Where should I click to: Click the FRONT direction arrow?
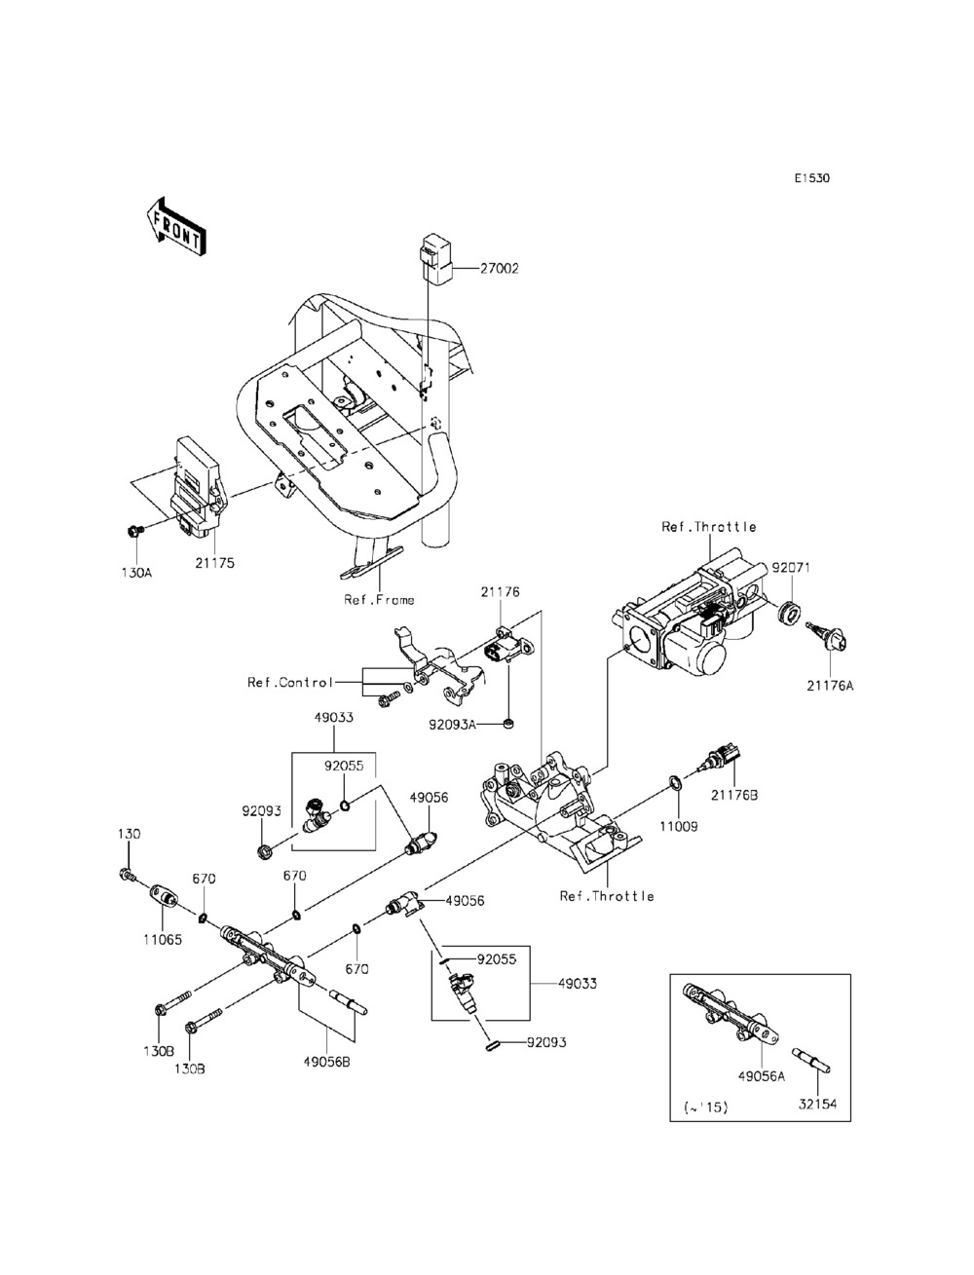point(176,227)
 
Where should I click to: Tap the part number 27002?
point(499,269)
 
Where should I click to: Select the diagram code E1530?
point(812,178)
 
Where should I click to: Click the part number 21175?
point(214,563)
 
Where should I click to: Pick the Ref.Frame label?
point(379,599)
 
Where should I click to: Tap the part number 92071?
point(791,568)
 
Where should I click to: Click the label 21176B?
point(734,795)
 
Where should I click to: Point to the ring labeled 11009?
point(677,783)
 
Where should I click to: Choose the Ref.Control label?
point(290,682)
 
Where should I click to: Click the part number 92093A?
point(452,725)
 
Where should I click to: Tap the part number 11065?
point(163,939)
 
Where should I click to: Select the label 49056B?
point(326,1062)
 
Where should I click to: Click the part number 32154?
point(817,1104)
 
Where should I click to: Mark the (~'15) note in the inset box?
point(706,1107)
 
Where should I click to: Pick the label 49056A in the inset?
point(762,1076)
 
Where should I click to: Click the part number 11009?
point(678,826)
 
